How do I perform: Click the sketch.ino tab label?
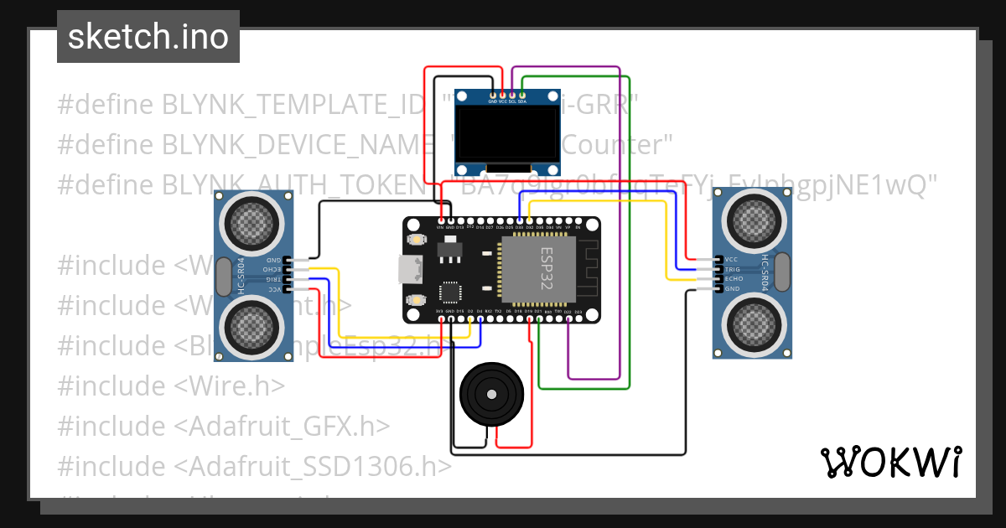148,37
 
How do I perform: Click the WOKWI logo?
889,462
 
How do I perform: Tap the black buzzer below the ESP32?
490,393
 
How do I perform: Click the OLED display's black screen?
506,133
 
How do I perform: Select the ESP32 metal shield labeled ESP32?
537,268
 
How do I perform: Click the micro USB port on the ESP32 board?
410,269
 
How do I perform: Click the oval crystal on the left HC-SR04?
224,276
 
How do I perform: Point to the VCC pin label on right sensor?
732,259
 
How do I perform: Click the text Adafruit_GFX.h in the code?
282,426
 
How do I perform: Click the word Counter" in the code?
617,145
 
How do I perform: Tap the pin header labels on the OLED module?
507,101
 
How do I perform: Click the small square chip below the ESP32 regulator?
449,292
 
